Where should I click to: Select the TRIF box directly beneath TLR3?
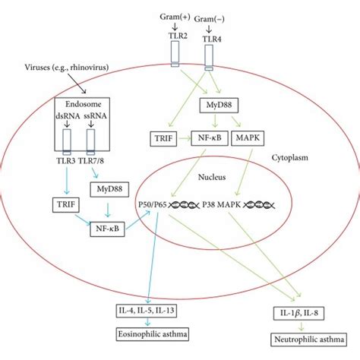coord(63,204)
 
